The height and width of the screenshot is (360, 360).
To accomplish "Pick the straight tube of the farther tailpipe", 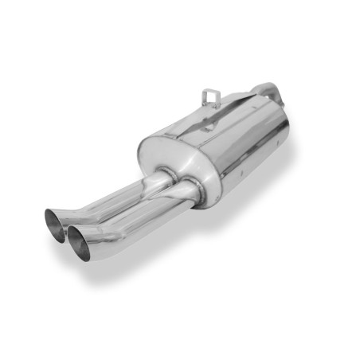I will pyautogui.click(x=119, y=195).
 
